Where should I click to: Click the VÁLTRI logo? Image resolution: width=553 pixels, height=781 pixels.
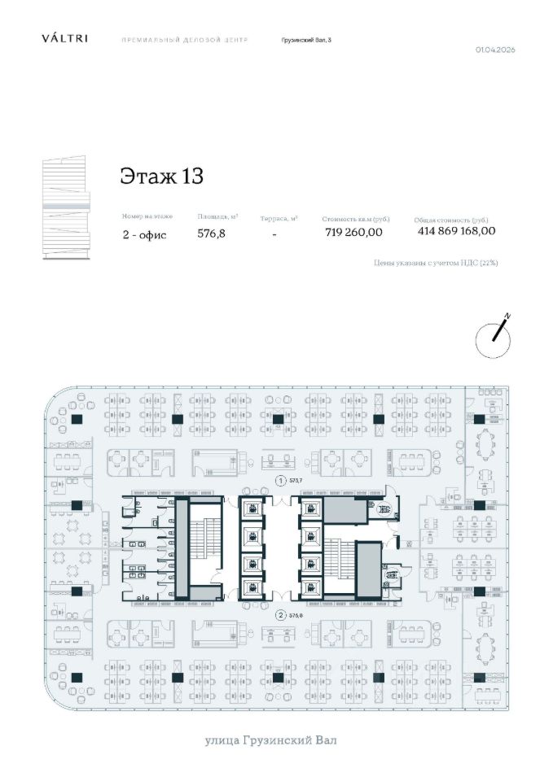click(65, 38)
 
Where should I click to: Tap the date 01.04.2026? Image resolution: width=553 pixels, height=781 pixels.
click(495, 50)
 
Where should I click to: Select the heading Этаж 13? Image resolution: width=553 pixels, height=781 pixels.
click(161, 176)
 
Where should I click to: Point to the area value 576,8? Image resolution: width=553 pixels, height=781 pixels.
click(211, 233)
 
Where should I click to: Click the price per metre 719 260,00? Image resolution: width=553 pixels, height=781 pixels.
click(353, 232)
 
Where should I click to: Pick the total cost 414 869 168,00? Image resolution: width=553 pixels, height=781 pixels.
click(456, 231)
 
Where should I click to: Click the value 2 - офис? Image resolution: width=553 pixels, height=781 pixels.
click(145, 234)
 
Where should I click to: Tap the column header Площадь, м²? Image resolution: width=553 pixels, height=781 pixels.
click(217, 217)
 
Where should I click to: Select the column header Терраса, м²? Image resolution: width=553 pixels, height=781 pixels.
click(279, 219)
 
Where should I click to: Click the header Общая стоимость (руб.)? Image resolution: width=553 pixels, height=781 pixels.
click(450, 220)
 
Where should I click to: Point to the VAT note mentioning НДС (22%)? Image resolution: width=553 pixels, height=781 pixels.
click(435, 264)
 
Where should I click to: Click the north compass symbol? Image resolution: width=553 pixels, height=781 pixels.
click(494, 337)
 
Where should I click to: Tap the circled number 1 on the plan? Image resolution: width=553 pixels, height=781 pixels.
click(281, 481)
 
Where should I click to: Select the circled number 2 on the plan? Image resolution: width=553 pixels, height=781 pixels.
click(281, 615)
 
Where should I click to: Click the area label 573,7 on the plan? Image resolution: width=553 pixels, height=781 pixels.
click(296, 481)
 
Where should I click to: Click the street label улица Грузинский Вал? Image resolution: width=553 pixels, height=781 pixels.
click(270, 740)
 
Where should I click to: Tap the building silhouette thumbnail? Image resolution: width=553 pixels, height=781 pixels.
click(68, 209)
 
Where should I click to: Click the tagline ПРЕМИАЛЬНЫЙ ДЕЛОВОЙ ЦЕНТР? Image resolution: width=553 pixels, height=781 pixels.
click(184, 39)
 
